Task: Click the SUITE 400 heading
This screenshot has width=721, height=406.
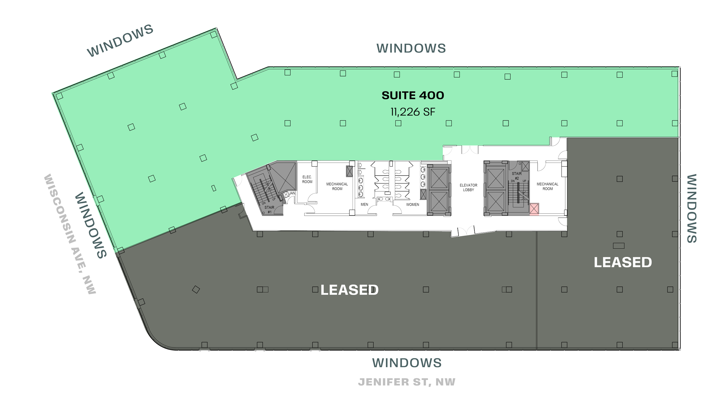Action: [413, 96]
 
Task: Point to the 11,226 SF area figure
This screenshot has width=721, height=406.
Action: [413, 112]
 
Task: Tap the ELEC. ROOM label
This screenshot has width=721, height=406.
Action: [307, 179]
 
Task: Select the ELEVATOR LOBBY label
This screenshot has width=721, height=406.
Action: [468, 187]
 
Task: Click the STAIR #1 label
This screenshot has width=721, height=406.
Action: [269, 210]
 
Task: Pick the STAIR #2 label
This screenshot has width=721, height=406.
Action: [517, 176]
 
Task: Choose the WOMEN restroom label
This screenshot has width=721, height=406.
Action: [412, 204]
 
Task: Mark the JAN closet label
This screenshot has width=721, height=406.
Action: [292, 193]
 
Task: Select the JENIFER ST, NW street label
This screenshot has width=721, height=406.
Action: [407, 382]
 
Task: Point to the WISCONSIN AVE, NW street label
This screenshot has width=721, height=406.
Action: [69, 234]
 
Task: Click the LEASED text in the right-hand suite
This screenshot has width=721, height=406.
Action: [623, 262]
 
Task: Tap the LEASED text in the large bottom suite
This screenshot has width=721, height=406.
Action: [350, 290]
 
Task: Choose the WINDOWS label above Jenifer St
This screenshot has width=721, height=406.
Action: [407, 363]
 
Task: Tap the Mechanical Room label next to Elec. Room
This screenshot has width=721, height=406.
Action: [337, 186]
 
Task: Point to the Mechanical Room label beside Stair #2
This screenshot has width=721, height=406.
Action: [548, 186]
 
